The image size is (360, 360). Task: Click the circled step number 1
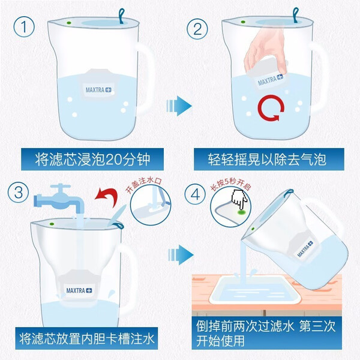24,26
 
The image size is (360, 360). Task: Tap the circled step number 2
197,29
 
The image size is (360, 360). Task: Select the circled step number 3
19,192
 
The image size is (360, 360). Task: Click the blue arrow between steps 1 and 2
179,106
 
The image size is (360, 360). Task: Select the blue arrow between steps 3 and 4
181,254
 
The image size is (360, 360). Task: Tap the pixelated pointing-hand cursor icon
239,199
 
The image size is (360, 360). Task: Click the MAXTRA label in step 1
98,90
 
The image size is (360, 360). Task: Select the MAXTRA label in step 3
79,290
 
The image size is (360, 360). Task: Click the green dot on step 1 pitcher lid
68,23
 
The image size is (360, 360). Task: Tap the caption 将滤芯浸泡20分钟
92,160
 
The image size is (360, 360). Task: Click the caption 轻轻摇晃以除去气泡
267,160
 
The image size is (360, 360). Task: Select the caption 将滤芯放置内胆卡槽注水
87,339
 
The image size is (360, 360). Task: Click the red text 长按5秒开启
230,184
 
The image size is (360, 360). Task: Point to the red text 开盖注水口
143,184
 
